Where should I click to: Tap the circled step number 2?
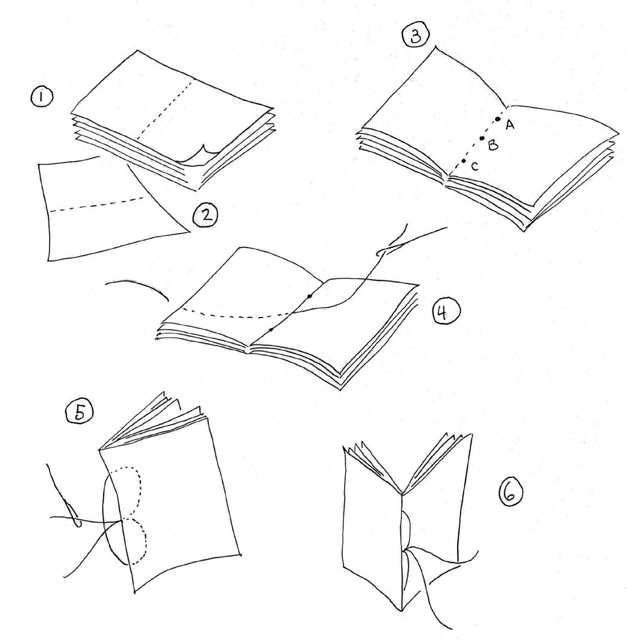pos(206,215)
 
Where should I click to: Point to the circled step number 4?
pos(446,313)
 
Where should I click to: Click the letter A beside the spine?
pos(509,125)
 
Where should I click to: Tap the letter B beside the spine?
pos(493,145)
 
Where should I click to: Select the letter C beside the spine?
pos(474,166)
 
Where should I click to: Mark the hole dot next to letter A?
pos(497,119)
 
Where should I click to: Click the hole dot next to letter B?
pos(482,138)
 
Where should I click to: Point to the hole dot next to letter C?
pos(464,161)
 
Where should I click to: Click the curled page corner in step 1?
pos(199,155)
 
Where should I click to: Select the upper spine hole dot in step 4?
pos(309,295)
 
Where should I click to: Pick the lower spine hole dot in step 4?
pos(271,329)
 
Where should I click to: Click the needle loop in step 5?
pos(73,515)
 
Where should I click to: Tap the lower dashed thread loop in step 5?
pos(145,539)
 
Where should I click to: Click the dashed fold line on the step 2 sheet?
pos(96,205)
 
